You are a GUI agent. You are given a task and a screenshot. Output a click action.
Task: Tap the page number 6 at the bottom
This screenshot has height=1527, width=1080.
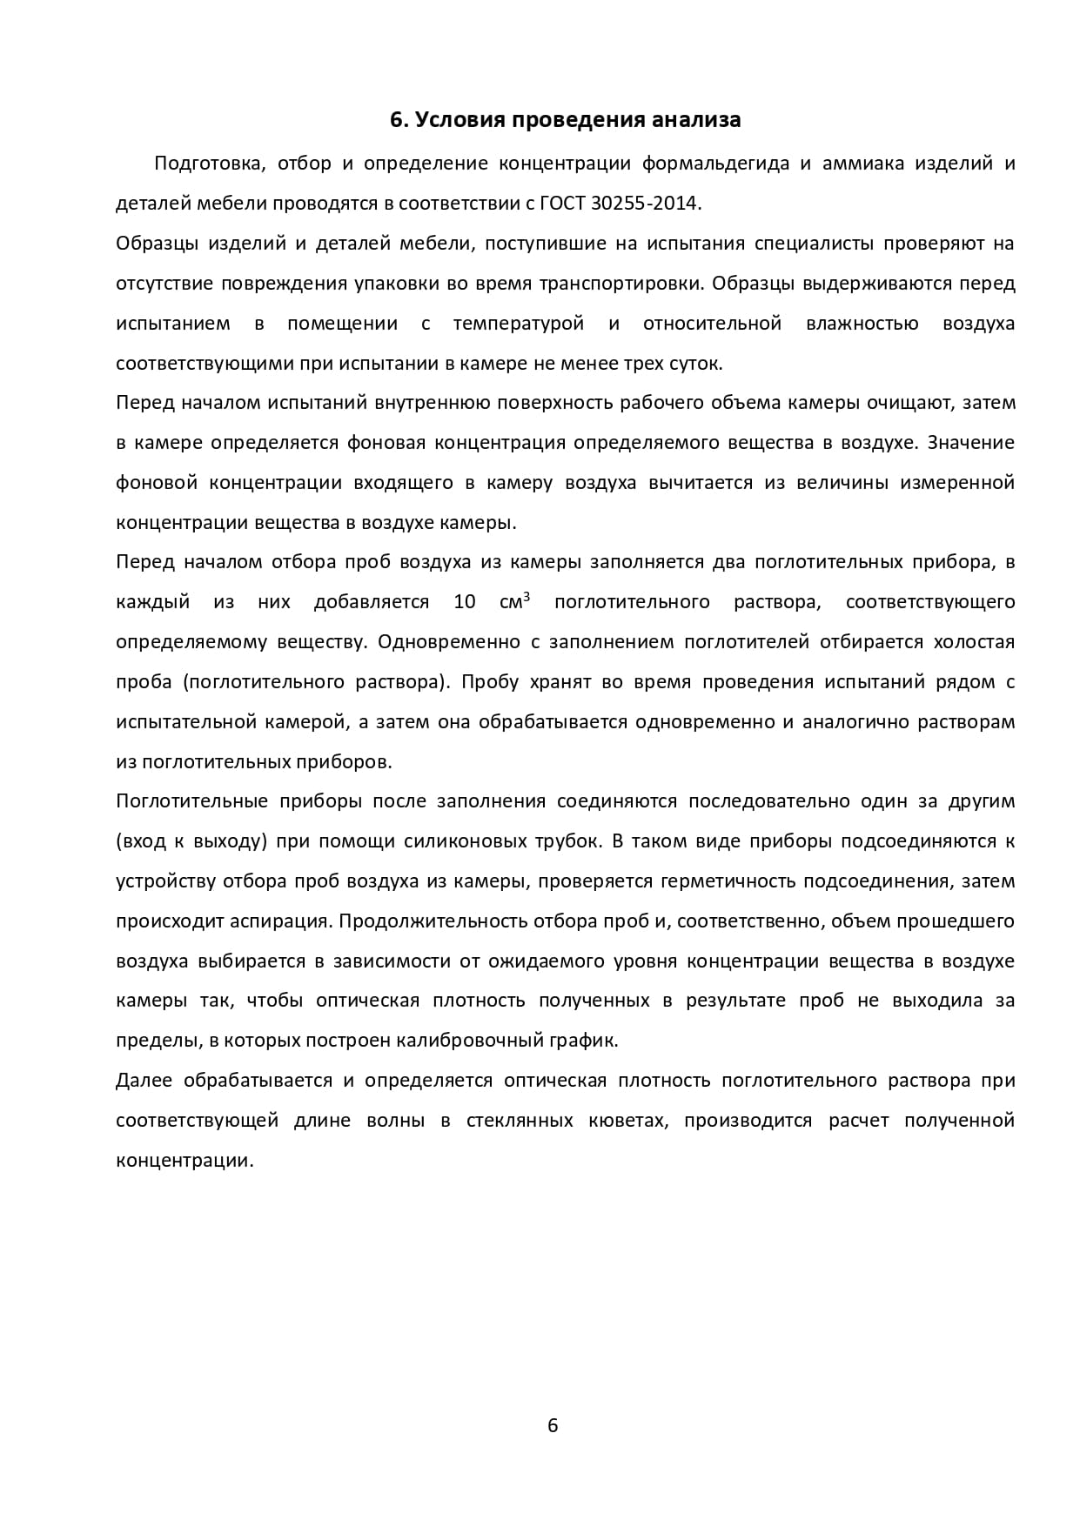(x=552, y=1425)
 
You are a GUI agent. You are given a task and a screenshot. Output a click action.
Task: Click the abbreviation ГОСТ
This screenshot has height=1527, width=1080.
(x=564, y=204)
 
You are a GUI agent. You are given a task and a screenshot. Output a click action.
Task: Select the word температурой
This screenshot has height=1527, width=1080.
(x=519, y=325)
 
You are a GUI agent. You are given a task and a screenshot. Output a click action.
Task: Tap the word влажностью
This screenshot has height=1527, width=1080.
(x=862, y=325)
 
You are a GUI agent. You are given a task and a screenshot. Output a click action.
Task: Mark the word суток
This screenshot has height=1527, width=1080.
(x=697, y=364)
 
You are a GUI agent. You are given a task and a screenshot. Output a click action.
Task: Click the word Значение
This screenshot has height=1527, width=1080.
(x=971, y=443)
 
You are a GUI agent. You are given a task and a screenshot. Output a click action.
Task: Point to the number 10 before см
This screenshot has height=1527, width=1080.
(x=464, y=602)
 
